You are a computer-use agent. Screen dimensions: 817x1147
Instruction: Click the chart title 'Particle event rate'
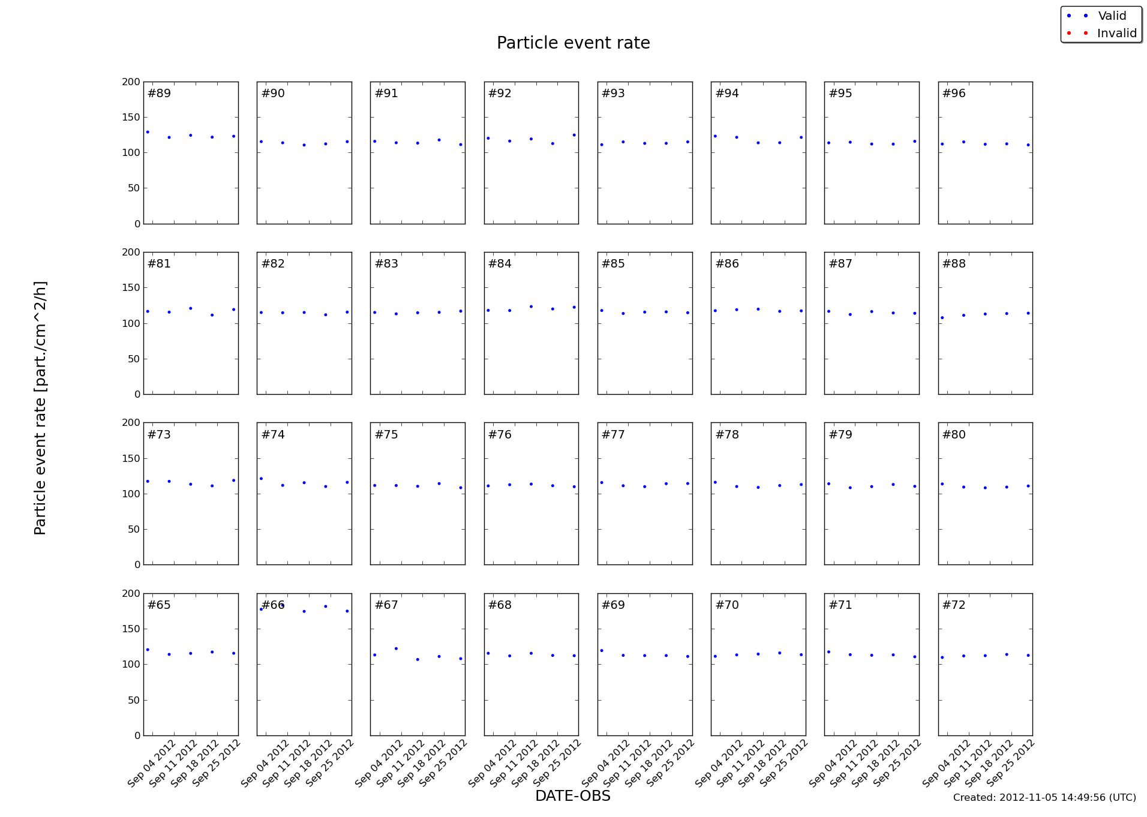[573, 43]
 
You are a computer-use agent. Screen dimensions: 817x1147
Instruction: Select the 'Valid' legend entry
[1112, 16]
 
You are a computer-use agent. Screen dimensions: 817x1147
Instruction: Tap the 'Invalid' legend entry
[1116, 34]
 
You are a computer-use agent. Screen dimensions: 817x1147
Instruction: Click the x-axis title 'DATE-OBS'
[572, 796]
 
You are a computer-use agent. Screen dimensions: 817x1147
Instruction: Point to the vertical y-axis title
[40, 408]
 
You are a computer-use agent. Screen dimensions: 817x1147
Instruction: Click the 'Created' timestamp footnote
[1044, 798]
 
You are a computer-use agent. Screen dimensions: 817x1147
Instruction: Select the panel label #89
[159, 94]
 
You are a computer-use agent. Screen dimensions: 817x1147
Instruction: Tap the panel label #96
[954, 94]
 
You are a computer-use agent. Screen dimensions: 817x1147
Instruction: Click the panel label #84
[500, 264]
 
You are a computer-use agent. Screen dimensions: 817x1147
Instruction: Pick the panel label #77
[613, 435]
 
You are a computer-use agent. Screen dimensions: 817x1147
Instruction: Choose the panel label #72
[954, 605]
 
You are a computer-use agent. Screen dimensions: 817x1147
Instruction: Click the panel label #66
[273, 605]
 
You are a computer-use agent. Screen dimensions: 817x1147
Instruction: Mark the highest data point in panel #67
[396, 648]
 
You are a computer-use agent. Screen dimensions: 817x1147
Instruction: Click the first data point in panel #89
[148, 132]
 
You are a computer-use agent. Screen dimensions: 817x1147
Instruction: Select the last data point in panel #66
[347, 611]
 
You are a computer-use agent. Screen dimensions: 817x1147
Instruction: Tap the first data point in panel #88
[942, 318]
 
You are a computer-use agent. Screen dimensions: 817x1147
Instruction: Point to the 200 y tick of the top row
[131, 82]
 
